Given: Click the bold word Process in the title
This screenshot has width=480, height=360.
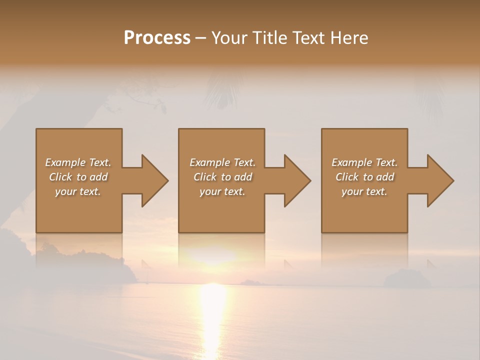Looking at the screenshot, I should [x=157, y=38].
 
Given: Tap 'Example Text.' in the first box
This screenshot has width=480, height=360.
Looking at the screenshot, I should [x=78, y=162].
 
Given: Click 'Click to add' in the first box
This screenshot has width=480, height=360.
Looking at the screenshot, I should [x=78, y=177].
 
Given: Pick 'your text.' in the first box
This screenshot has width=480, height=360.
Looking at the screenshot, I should [x=78, y=191].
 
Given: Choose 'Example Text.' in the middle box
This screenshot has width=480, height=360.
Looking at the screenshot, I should [x=222, y=162].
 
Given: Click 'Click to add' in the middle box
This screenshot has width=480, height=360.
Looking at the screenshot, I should [x=222, y=177].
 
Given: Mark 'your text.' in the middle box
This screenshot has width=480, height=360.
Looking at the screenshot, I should [x=222, y=191].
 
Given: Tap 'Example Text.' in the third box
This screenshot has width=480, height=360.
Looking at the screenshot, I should [x=364, y=162].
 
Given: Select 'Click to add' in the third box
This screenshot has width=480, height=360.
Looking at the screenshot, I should [x=364, y=177].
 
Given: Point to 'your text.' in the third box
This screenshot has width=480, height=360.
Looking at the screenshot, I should [x=364, y=191].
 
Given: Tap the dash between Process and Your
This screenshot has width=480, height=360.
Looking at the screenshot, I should [x=200, y=38].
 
